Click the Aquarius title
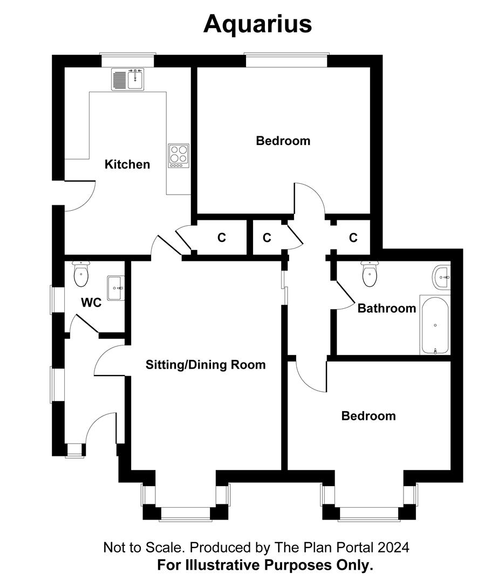point(257,24)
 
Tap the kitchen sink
point(128,80)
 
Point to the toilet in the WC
point(81,274)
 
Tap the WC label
point(91,303)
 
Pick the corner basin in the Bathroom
point(441,277)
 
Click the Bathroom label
point(387,308)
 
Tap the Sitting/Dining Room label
point(206,365)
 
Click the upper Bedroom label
point(283,141)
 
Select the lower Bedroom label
point(369,416)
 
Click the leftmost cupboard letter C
point(221,238)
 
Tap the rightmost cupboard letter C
point(353,238)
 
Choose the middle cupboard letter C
point(267,238)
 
